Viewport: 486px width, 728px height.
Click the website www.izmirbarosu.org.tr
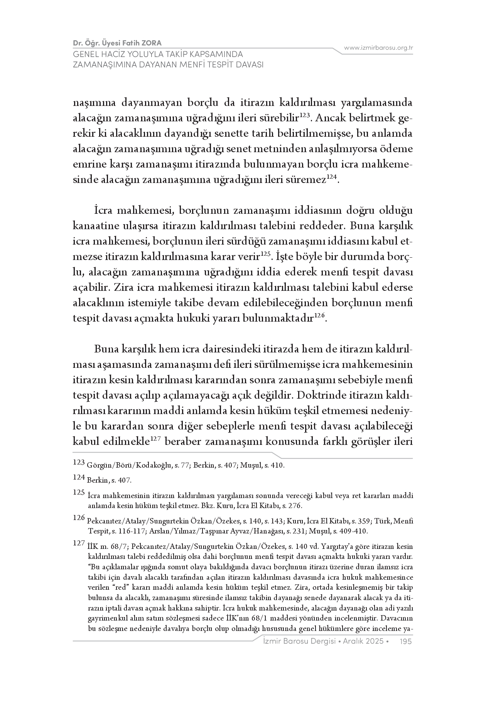(378, 48)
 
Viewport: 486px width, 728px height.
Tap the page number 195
(406, 641)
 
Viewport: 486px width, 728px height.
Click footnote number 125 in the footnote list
(78, 493)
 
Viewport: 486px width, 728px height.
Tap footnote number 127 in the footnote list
(78, 543)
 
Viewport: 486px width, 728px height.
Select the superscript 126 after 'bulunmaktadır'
(319, 316)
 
